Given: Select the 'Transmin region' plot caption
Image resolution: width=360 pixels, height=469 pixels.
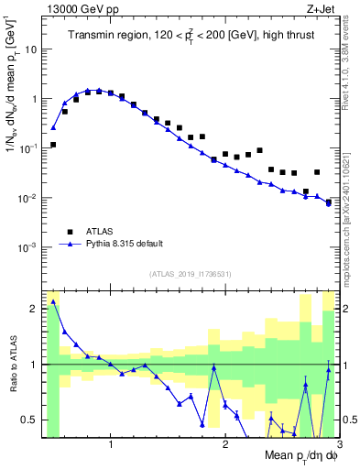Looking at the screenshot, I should (x=185, y=36).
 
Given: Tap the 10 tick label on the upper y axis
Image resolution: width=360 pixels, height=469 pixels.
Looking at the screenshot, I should (x=30, y=49).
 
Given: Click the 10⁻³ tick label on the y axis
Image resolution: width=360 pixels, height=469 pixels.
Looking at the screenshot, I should (x=27, y=247).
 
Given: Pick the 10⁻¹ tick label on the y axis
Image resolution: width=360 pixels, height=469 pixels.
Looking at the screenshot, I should (x=27, y=148).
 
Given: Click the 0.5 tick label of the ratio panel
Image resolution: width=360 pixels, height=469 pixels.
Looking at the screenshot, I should (x=30, y=420).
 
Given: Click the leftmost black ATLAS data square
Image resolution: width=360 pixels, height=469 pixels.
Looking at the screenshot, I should (x=53, y=145).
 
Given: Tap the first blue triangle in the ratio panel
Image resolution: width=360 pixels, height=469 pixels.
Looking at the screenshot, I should (x=53, y=301).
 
